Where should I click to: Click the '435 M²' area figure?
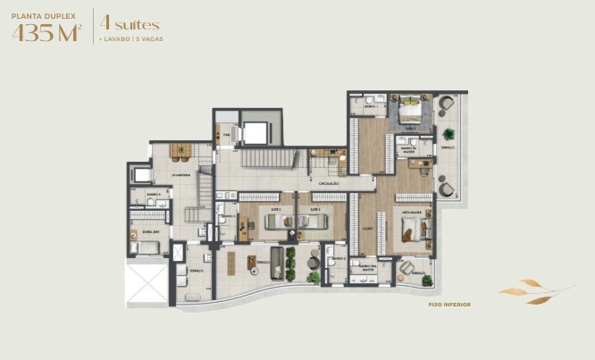point(47,34)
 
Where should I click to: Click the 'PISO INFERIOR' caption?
point(449,305)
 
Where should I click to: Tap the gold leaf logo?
point(533,291)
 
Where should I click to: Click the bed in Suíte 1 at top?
point(409,110)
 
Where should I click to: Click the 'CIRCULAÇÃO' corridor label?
point(328,183)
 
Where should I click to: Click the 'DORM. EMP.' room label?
point(150,231)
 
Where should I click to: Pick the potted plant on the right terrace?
point(448,134)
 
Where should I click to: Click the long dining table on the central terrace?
point(230,264)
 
